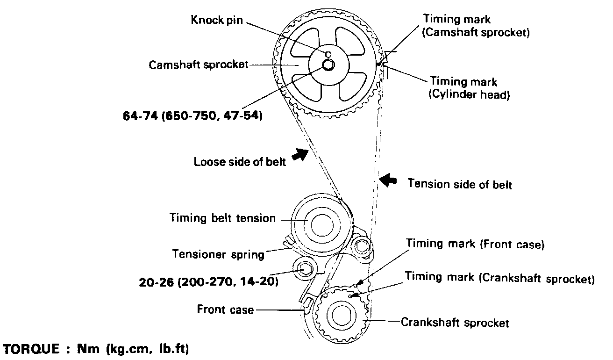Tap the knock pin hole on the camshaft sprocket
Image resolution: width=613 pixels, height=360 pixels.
coord(328,55)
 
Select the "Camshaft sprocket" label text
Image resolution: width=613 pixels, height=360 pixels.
coord(199,65)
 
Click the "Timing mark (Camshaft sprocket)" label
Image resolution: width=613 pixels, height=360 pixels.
coord(476,26)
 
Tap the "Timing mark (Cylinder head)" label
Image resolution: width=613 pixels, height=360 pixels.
coord(470,88)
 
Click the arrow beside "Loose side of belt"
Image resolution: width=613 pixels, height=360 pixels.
coord(299,154)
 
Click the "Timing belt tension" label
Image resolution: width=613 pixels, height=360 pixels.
coord(222,218)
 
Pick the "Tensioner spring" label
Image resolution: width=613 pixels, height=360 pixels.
coord(218,254)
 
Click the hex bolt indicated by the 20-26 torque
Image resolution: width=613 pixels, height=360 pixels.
coord(304,269)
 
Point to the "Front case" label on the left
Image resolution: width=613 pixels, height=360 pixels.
coord(225,309)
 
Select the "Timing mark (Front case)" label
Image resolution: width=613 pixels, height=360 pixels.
coord(475,244)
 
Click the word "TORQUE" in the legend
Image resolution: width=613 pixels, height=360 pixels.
coord(32,349)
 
